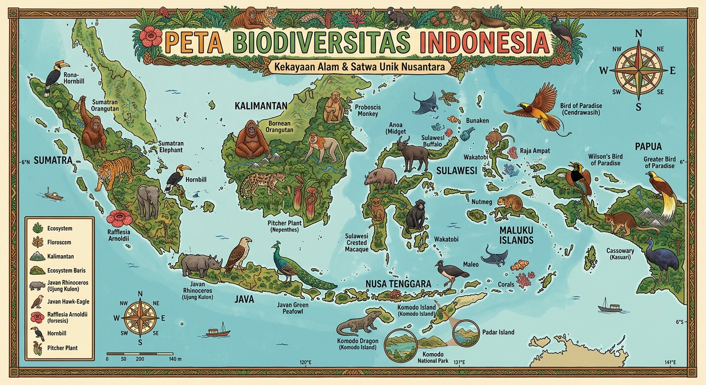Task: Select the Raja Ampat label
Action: click(535, 150)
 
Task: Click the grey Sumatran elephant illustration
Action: click(148, 201)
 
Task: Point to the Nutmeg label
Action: click(482, 202)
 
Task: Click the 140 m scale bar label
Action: click(175, 359)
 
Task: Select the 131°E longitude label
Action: click(459, 362)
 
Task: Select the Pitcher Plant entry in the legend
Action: click(62, 348)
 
